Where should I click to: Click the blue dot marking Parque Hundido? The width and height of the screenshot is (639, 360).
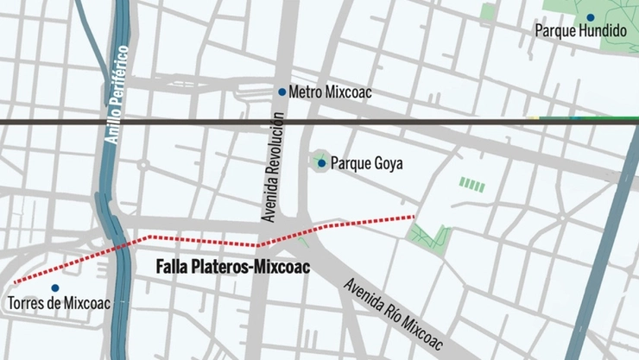[591, 17]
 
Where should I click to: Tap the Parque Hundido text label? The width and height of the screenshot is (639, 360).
[580, 31]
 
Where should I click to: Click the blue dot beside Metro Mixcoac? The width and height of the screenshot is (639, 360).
[282, 92]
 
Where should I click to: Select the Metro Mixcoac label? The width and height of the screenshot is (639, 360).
[330, 92]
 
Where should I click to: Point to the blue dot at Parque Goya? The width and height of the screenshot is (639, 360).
[321, 162]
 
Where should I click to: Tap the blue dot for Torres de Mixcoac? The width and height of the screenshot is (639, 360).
[55, 288]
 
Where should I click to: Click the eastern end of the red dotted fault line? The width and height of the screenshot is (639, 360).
[414, 216]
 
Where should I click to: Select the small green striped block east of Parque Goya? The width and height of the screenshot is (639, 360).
[471, 184]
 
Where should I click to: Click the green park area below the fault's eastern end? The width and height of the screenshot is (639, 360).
[429, 236]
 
